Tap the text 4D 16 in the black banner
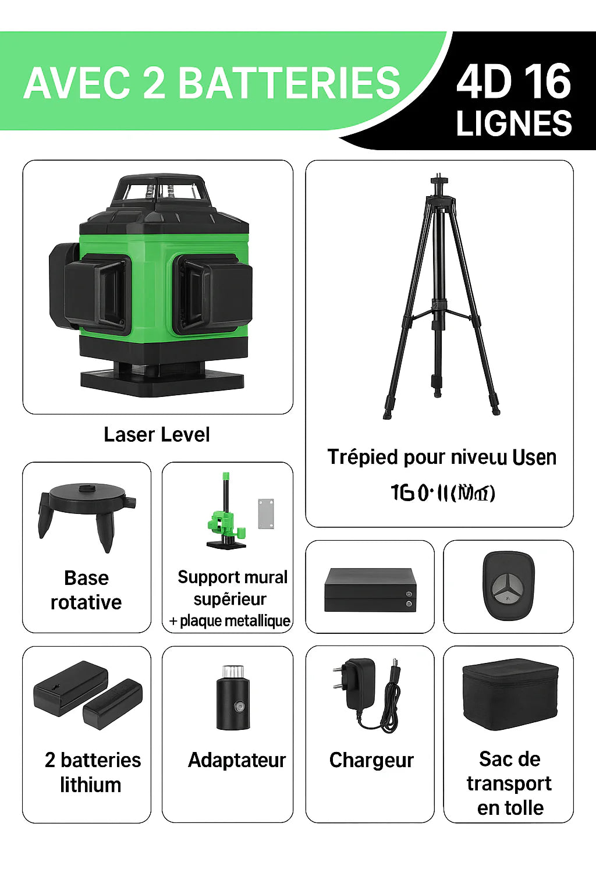pos(513,81)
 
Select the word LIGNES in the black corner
pos(513,123)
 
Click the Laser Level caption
pos(157,435)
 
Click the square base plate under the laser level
pos(162,381)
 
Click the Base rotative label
pos(86,590)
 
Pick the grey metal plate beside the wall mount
pos(266,513)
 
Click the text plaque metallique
pos(235,621)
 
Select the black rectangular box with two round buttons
pos(370,590)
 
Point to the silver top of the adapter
pos(233,671)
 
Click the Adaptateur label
pos(236,760)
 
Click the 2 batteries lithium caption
pos(92,772)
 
